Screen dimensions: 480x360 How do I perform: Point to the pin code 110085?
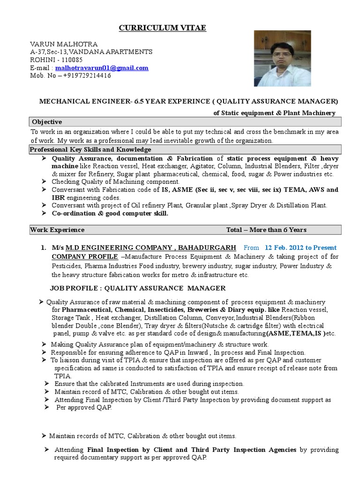(x=70, y=60)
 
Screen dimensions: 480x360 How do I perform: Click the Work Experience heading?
(x=57, y=230)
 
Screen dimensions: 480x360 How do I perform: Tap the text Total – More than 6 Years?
(x=266, y=230)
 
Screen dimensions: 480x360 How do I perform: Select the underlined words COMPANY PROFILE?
(x=84, y=257)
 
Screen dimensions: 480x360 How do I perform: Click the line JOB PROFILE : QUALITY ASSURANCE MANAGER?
(x=138, y=288)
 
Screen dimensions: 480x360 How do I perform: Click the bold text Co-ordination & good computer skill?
(x=110, y=213)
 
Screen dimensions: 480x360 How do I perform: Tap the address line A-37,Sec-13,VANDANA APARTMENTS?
(x=91, y=52)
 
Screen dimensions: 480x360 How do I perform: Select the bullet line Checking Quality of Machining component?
(x=115, y=181)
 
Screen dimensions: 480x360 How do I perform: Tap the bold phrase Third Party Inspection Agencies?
(x=243, y=450)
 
